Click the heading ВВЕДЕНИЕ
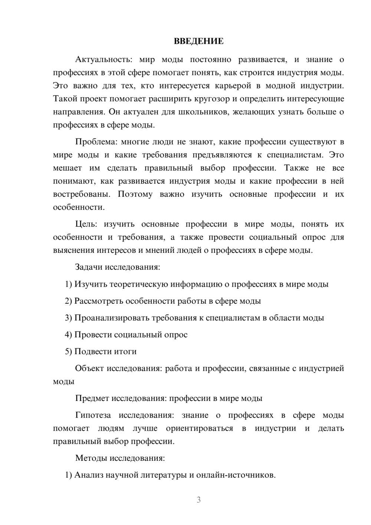(x=198, y=41)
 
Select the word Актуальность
(x=103, y=59)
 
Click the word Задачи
(x=89, y=267)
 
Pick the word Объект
(x=89, y=368)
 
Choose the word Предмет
(x=92, y=398)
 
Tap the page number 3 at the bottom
(x=198, y=500)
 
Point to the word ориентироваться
(x=200, y=428)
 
